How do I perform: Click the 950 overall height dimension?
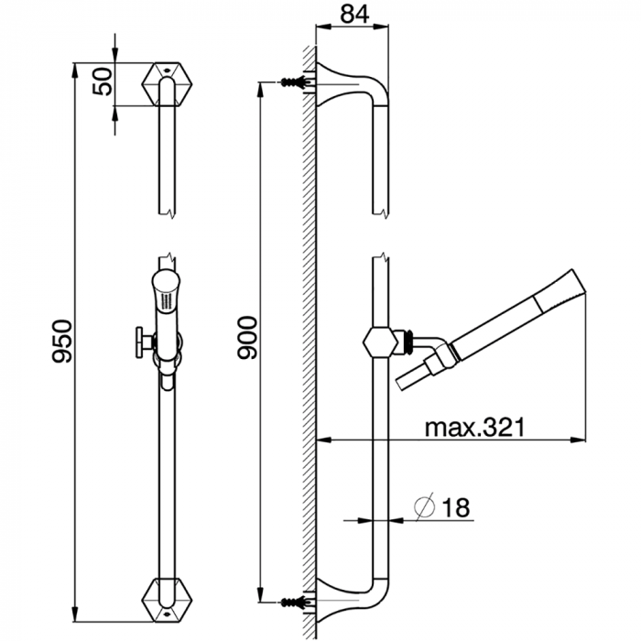(62, 342)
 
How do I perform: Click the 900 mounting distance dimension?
(248, 338)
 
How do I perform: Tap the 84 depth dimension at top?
(354, 14)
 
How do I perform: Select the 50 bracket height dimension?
(103, 82)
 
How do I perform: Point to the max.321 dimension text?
(474, 428)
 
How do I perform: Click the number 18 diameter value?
(456, 507)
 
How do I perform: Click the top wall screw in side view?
(293, 82)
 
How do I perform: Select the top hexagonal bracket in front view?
(167, 84)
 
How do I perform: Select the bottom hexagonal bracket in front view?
(167, 600)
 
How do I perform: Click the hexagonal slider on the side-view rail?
(381, 343)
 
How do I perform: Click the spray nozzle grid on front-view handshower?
(167, 302)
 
